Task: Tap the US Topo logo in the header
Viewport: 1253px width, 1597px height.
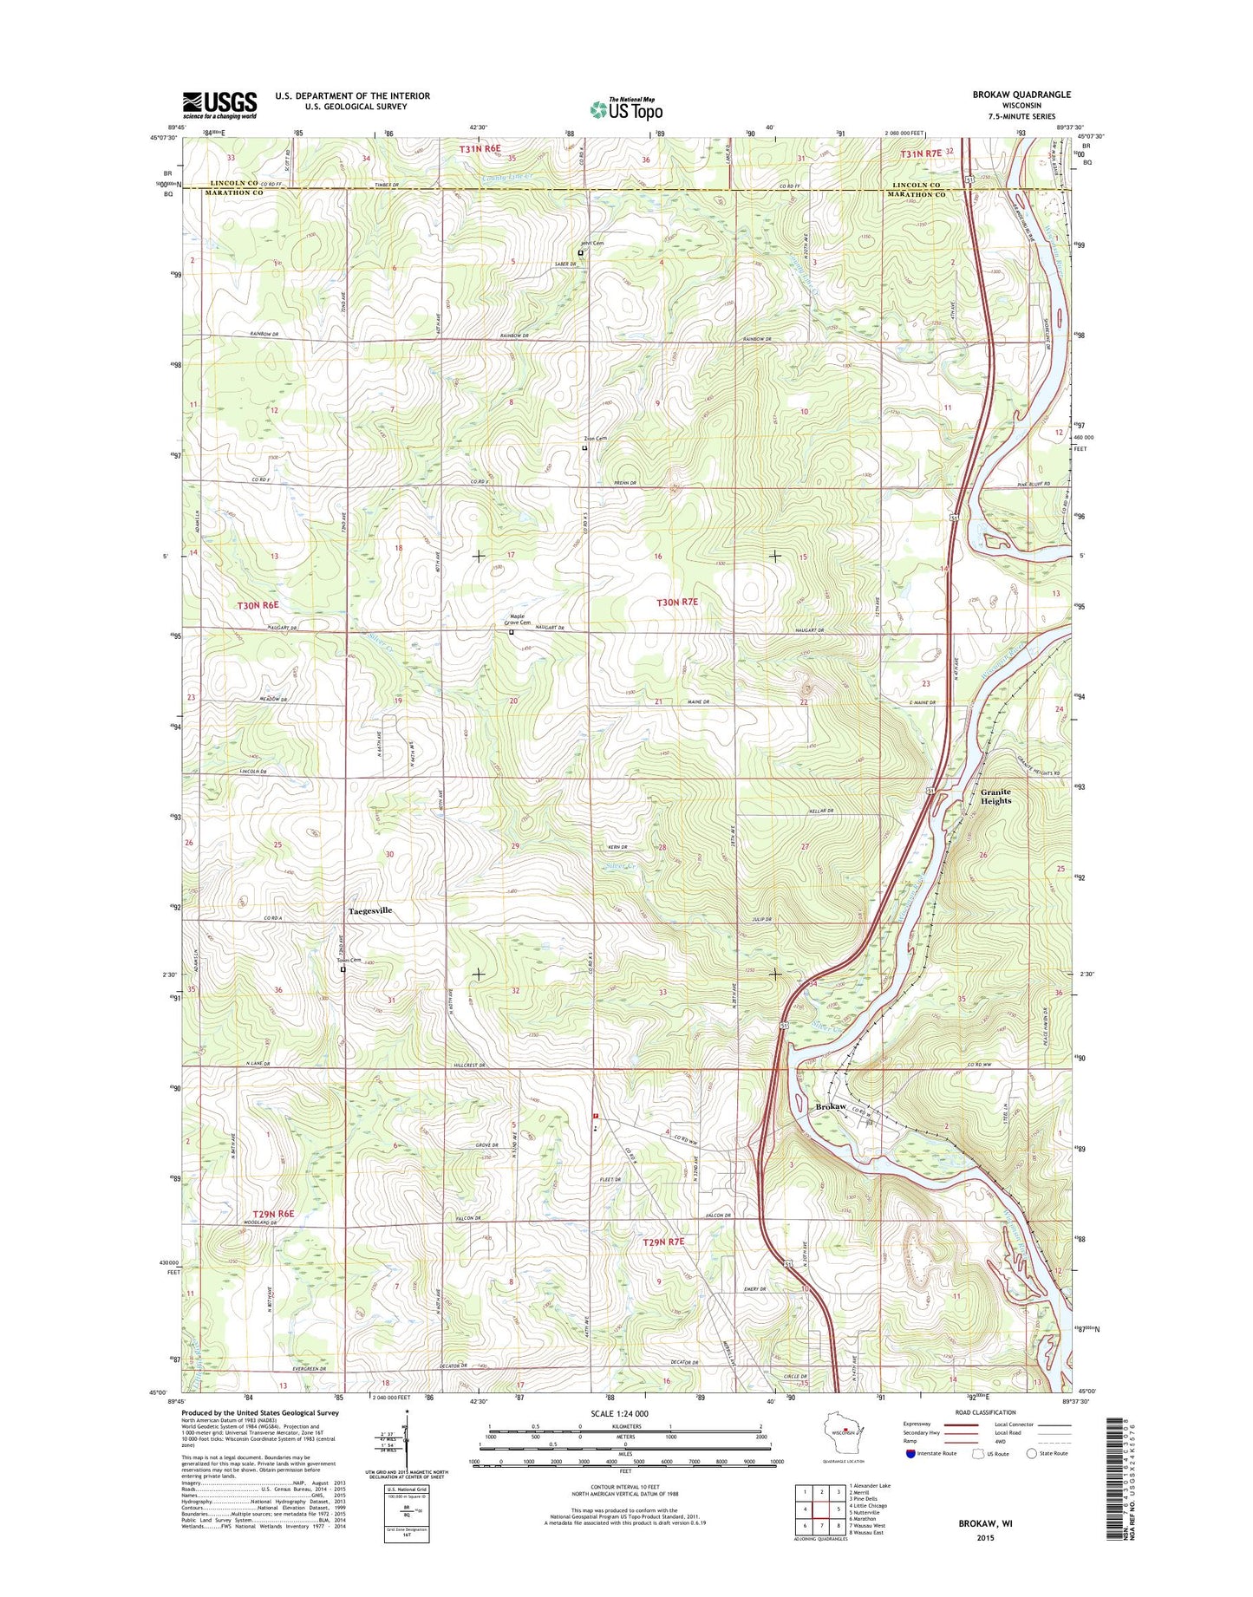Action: pos(626,108)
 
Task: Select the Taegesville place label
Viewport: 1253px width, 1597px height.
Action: pos(370,911)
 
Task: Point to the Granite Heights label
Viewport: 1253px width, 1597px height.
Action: pos(995,796)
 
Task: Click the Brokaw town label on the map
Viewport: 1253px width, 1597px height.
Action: pos(831,1107)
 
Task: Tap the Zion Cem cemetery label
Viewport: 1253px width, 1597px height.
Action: pos(594,439)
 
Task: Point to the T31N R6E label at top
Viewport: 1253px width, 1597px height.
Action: pos(480,148)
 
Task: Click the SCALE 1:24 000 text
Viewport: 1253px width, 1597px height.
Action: pos(619,1413)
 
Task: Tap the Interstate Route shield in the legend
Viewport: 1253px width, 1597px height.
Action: pos(910,1453)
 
